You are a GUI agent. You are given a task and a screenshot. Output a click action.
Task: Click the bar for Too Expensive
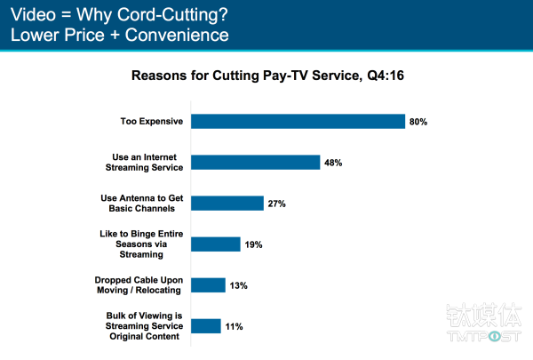click(x=298, y=121)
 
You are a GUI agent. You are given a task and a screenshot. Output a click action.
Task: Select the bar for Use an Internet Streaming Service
click(x=255, y=162)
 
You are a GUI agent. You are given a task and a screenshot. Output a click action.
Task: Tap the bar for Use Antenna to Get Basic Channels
click(x=227, y=203)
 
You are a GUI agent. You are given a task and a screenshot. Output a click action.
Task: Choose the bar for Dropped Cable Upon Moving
click(x=208, y=285)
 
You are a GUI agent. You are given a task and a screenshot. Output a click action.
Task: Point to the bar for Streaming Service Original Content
click(x=205, y=325)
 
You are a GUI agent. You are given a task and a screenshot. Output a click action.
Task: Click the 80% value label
click(x=418, y=121)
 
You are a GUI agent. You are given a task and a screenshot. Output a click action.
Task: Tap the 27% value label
click(x=277, y=203)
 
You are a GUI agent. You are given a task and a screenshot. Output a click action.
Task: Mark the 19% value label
click(x=254, y=244)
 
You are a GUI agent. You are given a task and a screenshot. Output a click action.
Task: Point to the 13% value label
click(x=238, y=285)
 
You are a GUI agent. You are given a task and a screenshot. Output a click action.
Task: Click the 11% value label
click(x=234, y=325)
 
